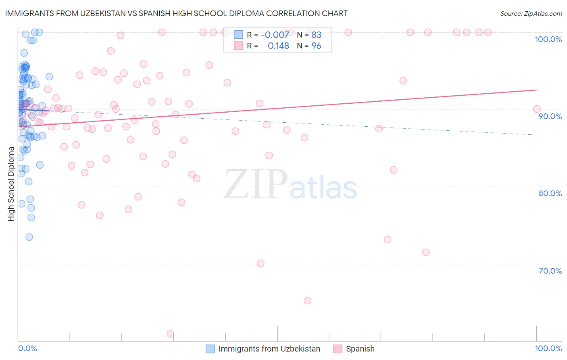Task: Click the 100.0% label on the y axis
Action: [548, 39]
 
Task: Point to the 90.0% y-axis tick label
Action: [550, 116]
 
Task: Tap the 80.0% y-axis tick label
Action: [550, 193]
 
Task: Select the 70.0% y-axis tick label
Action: [550, 271]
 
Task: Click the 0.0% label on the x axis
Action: [27, 348]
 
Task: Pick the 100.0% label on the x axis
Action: [548, 348]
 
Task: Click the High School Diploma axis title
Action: [11, 184]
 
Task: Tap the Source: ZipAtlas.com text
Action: [531, 13]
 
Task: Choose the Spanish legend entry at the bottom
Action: [360, 349]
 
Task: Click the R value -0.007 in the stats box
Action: [275, 35]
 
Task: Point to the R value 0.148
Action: [278, 46]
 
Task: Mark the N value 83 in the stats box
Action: [317, 35]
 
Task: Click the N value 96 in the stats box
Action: [317, 46]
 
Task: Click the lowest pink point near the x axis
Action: [170, 334]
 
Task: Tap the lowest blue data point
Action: [29, 237]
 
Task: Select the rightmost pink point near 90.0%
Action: [536, 109]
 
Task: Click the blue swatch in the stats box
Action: [238, 35]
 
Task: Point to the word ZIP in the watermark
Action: [255, 184]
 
